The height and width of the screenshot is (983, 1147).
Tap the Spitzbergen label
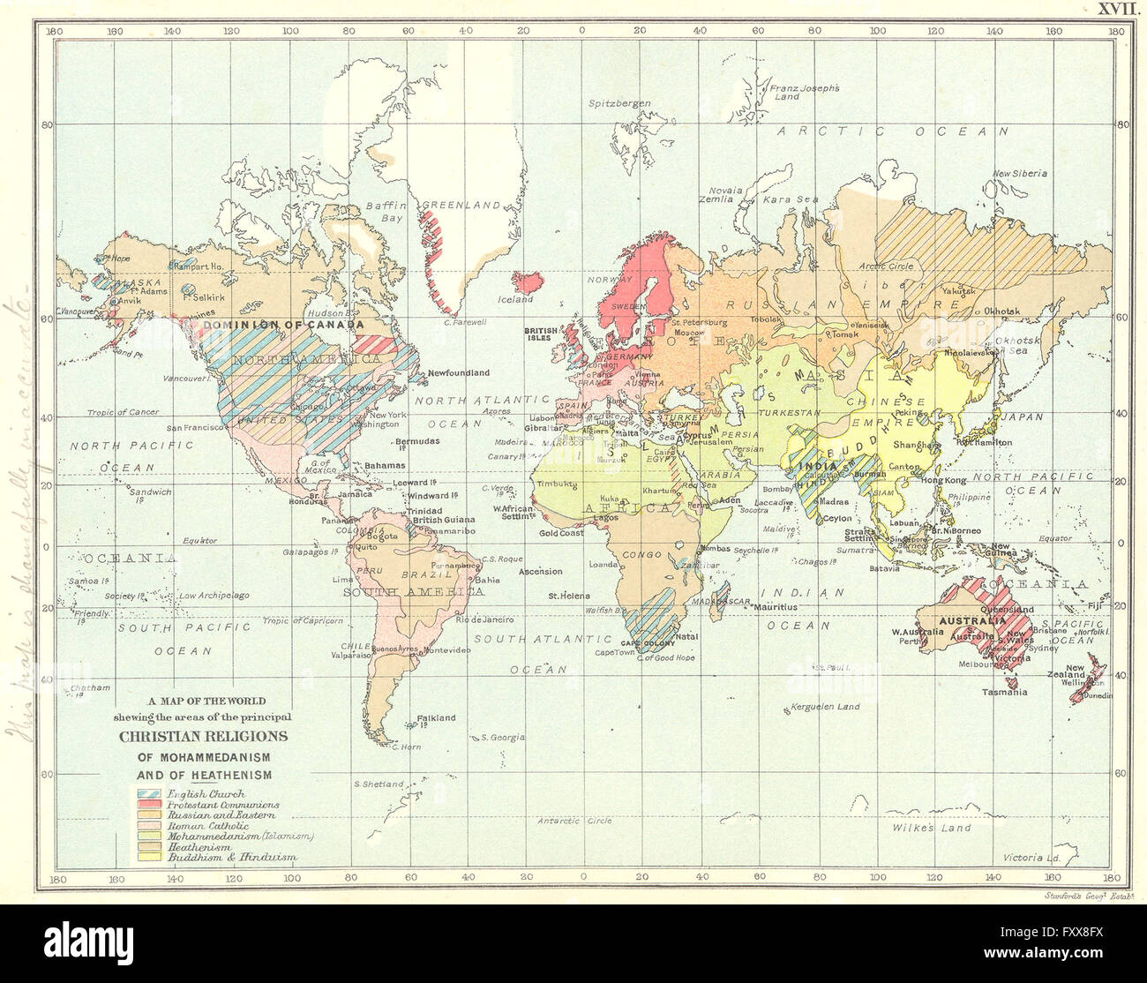pyautogui.click(x=619, y=103)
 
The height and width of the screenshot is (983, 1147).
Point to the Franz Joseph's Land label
pyautogui.click(x=804, y=92)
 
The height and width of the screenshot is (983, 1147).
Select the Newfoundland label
pyautogui.click(x=459, y=373)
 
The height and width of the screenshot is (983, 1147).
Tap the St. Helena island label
pyautogui.click(x=568, y=596)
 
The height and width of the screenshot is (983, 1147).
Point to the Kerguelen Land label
pyautogui.click(x=824, y=707)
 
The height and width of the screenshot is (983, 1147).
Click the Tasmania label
pyautogui.click(x=1004, y=692)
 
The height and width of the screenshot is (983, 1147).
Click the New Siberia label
pyautogui.click(x=1020, y=173)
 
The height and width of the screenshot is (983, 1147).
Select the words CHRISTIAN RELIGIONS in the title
pyautogui.click(x=204, y=736)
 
